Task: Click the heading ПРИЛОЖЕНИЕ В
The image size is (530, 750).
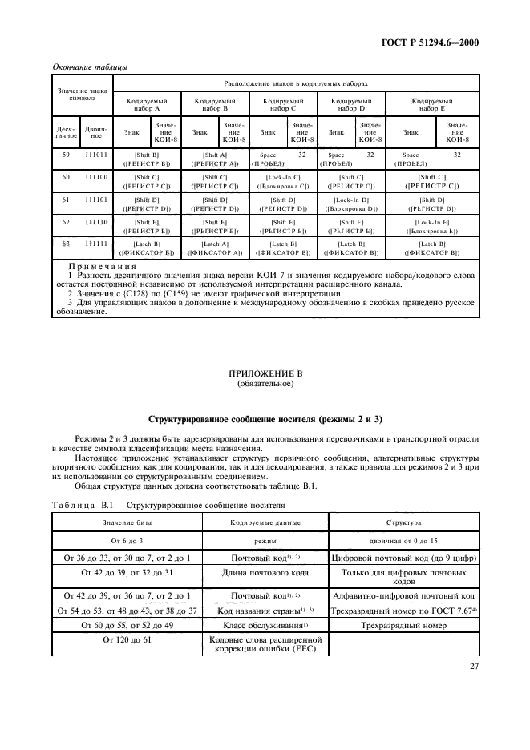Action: tap(265, 373)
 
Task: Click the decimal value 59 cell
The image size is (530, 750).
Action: tap(66, 154)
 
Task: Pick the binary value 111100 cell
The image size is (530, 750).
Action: tap(94, 175)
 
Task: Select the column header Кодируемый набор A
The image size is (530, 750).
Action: tap(147, 106)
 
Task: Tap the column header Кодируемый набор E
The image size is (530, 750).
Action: tap(433, 106)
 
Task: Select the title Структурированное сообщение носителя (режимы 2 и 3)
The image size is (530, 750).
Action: tap(265, 419)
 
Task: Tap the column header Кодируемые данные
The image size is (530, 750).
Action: tap(265, 523)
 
